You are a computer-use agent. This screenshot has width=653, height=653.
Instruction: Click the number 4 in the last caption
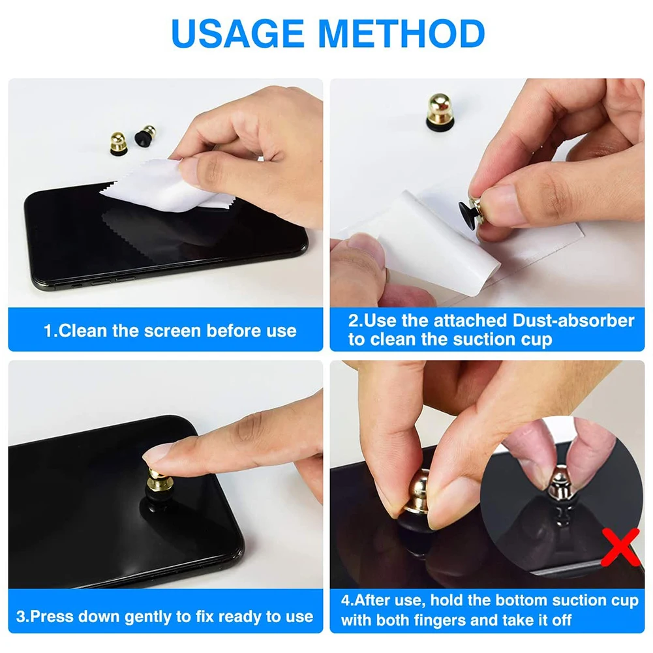coord(346,600)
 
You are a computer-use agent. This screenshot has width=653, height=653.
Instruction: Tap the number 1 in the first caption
coord(48,331)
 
